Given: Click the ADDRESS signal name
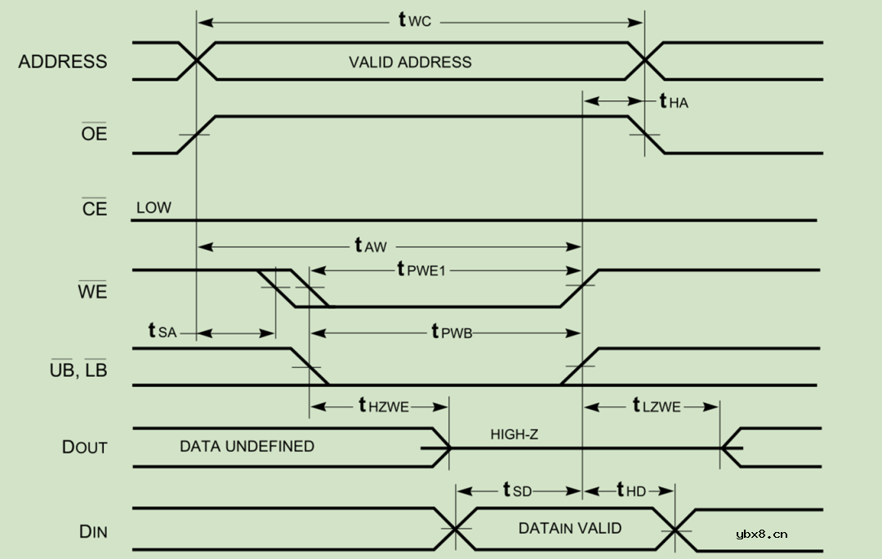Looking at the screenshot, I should [63, 62].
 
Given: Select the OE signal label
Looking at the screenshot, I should [94, 133].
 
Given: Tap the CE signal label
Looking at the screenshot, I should [94, 209].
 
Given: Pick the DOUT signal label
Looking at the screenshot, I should [85, 447].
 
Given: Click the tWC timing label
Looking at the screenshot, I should [414, 20].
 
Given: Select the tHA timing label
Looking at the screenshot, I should [673, 101].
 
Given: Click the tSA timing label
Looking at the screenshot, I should [162, 331].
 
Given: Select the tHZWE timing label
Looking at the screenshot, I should [383, 406].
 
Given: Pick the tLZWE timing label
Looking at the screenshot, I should [656, 406].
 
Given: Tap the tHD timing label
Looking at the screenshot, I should [630, 490].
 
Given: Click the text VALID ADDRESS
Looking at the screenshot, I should [410, 62].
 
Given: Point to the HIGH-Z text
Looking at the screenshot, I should [514, 434].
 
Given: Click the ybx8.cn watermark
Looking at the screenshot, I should [761, 535].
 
